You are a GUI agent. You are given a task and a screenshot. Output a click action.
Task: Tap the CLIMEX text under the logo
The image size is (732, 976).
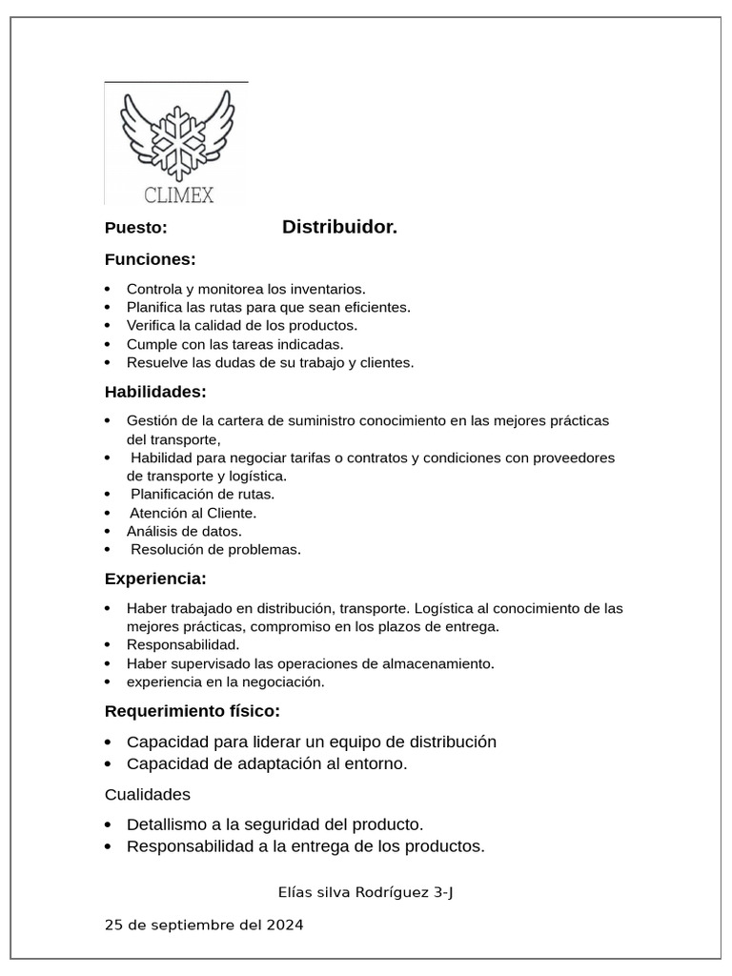(179, 195)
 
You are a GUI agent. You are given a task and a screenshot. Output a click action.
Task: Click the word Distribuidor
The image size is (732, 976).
(339, 228)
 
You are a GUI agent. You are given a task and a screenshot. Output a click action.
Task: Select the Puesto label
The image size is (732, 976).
(135, 229)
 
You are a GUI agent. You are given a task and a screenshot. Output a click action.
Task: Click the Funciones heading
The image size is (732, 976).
(150, 259)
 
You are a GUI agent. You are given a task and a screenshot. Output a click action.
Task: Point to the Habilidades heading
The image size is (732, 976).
(154, 392)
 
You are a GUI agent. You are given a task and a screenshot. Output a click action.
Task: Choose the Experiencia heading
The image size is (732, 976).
(154, 579)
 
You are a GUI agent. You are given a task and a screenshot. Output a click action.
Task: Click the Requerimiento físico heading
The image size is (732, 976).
(192, 711)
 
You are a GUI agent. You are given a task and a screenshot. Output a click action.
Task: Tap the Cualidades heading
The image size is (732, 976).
(147, 794)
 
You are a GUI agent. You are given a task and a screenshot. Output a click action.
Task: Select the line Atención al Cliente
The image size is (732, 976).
(193, 513)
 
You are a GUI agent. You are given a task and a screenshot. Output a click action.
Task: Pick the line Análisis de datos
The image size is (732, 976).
(184, 531)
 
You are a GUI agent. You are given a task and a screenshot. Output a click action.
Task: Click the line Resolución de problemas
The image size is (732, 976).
(215, 550)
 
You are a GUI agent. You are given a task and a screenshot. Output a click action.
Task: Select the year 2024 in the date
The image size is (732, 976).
(285, 925)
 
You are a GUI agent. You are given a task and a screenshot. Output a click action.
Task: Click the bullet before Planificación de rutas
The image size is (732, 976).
(109, 495)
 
